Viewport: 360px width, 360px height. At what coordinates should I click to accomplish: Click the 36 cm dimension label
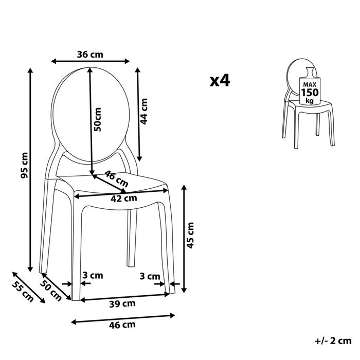pyautogui.click(x=90, y=55)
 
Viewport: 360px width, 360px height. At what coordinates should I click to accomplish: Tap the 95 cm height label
pyautogui.click(x=24, y=165)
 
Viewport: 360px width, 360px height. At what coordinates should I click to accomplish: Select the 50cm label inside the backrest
pyautogui.click(x=98, y=119)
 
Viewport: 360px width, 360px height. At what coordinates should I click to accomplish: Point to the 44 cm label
pyautogui.click(x=144, y=112)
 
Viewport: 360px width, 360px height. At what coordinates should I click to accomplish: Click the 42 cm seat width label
pyautogui.click(x=124, y=199)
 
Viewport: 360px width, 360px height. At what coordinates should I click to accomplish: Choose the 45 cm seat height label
pyautogui.click(x=190, y=236)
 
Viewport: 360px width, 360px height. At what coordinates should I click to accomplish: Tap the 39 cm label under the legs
pyautogui.click(x=122, y=304)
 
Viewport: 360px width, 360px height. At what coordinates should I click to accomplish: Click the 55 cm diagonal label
pyautogui.click(x=23, y=291)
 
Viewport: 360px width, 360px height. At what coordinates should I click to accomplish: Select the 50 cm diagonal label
pyautogui.click(x=51, y=291)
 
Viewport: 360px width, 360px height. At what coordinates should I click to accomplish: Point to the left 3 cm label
pyautogui.click(x=93, y=275)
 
